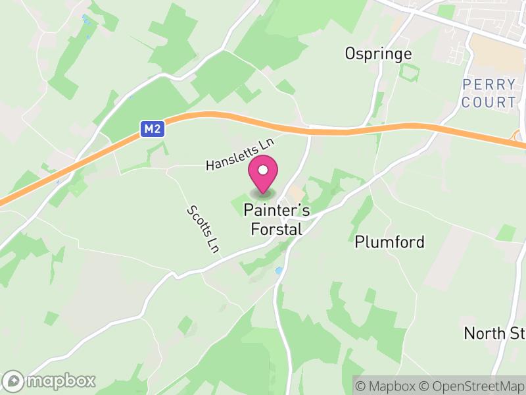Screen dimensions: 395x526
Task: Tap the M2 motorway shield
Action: pyautogui.click(x=151, y=129)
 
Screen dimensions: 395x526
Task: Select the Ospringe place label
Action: pyautogui.click(x=378, y=54)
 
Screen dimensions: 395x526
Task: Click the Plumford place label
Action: pyautogui.click(x=389, y=242)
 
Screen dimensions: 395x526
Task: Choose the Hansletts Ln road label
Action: pyautogui.click(x=239, y=153)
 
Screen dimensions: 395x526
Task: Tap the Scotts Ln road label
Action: pyautogui.click(x=203, y=228)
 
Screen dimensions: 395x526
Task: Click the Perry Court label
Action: pyautogui.click(x=489, y=93)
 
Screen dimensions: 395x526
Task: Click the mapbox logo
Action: pyautogui.click(x=50, y=381)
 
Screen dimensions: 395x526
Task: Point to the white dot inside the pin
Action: pyautogui.click(x=263, y=171)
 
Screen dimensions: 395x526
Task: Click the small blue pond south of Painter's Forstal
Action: pyautogui.click(x=279, y=270)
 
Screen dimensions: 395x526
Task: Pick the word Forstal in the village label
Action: pyautogui.click(x=276, y=229)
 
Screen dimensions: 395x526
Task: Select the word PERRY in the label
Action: pyautogui.click(x=489, y=85)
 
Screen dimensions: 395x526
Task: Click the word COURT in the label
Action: pyautogui.click(x=489, y=102)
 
